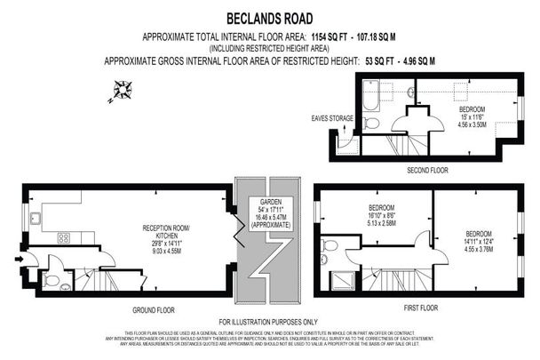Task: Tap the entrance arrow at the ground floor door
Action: [x=20, y=260]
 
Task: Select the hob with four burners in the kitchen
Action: [x=64, y=237]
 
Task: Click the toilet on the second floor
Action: [x=371, y=123]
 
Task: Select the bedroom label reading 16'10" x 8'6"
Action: [x=380, y=218]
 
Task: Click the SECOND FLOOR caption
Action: [x=427, y=169]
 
